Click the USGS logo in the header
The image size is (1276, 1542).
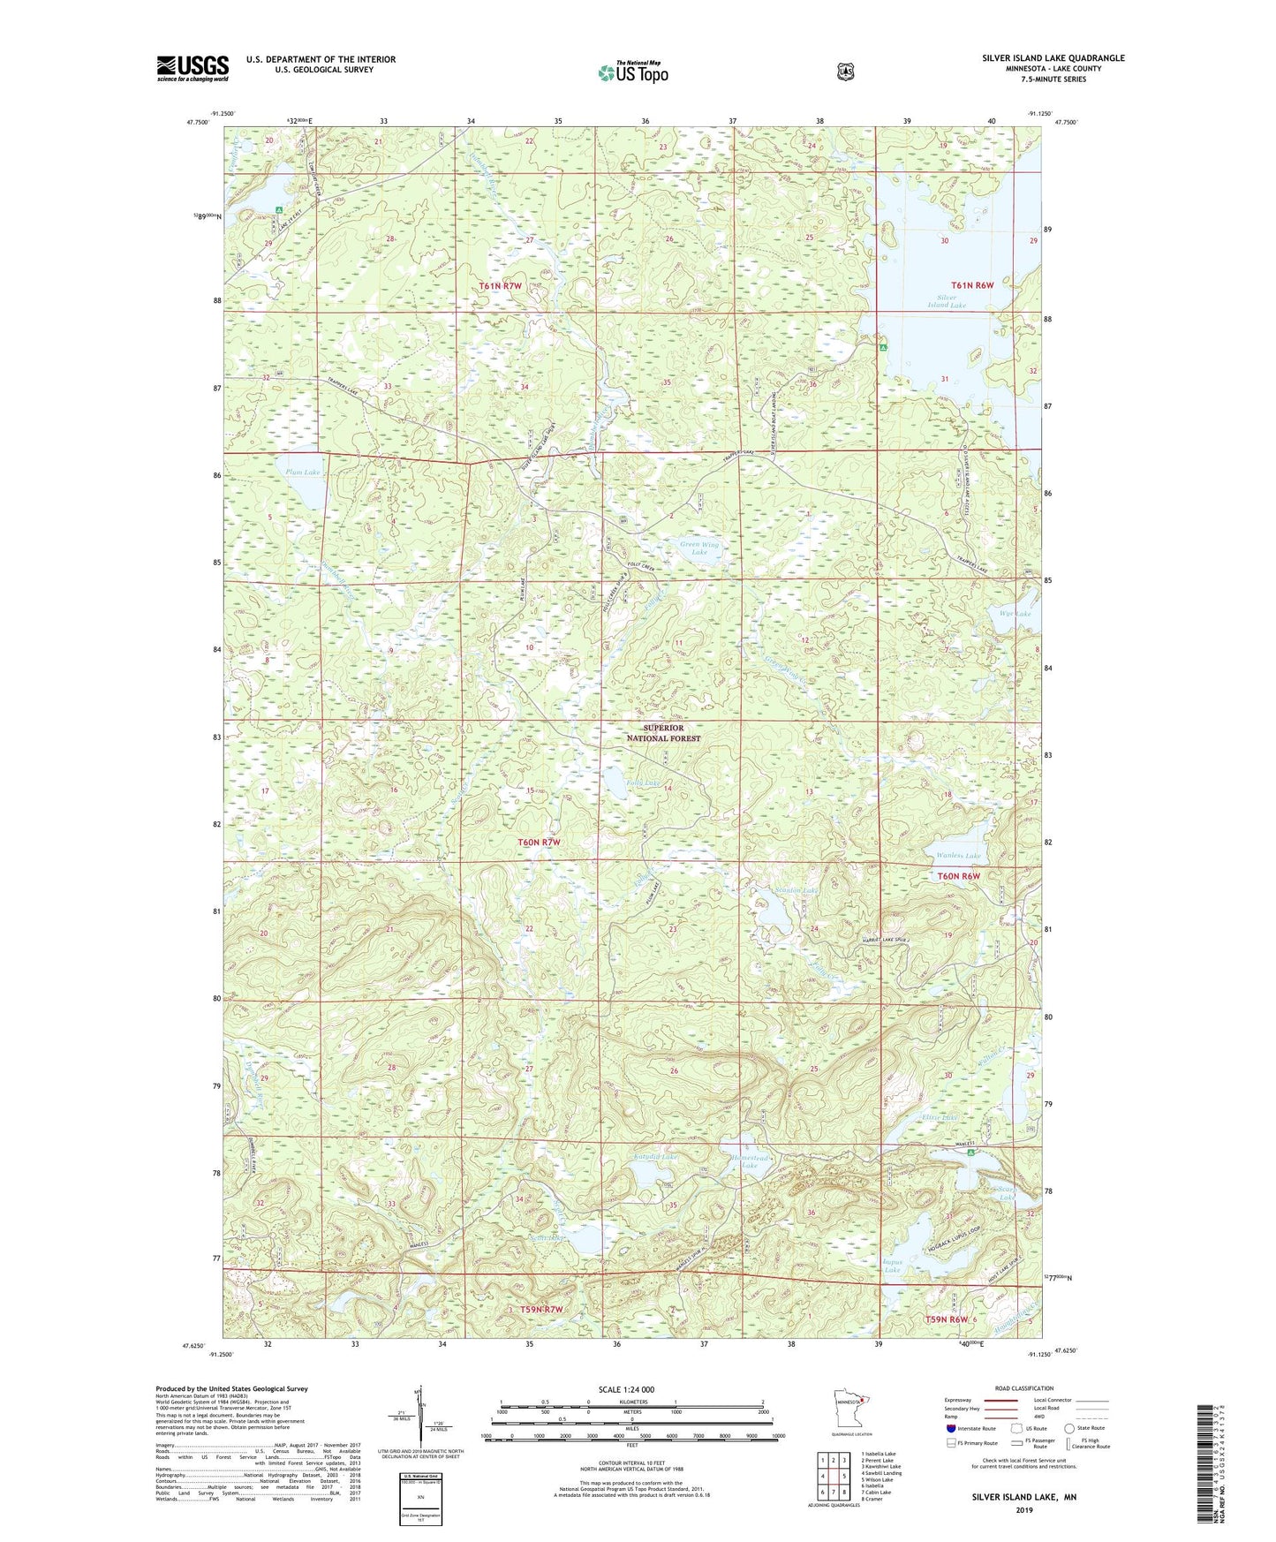[193, 68]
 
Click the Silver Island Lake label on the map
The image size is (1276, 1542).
[946, 301]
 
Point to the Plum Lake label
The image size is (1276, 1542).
[302, 472]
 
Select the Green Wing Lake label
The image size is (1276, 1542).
[699, 548]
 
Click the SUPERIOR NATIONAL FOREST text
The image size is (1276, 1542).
[664, 733]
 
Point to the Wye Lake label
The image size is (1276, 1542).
[1015, 613]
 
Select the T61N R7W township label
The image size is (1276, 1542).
[501, 286]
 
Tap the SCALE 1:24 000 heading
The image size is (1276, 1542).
[626, 1390]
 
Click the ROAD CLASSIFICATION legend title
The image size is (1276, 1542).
[1024, 1388]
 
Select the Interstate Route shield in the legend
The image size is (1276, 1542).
[950, 1427]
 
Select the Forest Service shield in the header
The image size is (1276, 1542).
[845, 71]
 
